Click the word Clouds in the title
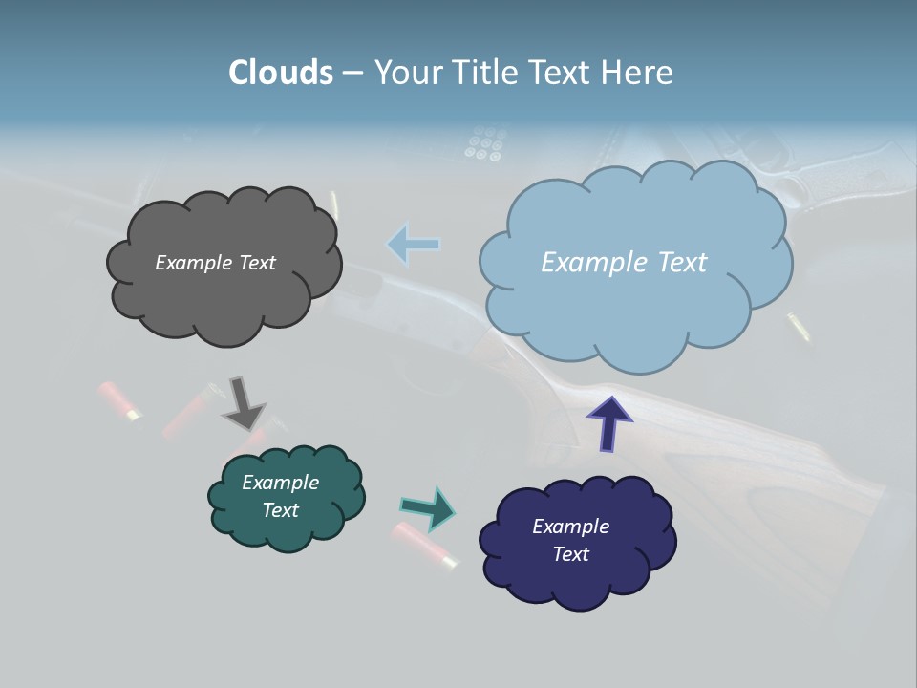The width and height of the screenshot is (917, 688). pyautogui.click(x=281, y=73)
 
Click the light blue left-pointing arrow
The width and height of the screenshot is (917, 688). pyautogui.click(x=414, y=245)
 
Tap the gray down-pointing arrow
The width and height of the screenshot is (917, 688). pyautogui.click(x=243, y=402)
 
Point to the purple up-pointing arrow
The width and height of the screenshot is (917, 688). pyautogui.click(x=608, y=422)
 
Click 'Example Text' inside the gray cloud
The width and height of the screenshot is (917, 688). pyautogui.click(x=215, y=263)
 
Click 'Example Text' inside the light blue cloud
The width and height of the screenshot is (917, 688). pyautogui.click(x=624, y=263)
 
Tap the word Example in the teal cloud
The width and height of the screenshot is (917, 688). pyautogui.click(x=280, y=483)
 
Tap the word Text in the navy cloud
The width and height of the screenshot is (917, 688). pyautogui.click(x=570, y=554)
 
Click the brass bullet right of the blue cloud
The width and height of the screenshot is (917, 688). pyautogui.click(x=798, y=326)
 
